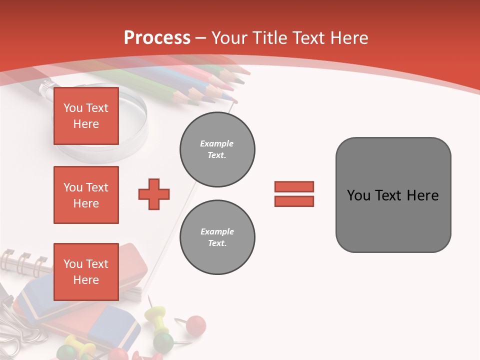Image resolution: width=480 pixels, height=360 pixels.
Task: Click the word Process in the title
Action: coord(157,38)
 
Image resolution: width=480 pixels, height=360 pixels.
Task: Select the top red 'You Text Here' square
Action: coord(86,116)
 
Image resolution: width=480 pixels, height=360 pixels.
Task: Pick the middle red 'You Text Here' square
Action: coord(86,195)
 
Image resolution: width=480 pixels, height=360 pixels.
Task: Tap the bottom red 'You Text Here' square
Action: coord(86,272)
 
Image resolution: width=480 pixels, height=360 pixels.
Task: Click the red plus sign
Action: coord(154,194)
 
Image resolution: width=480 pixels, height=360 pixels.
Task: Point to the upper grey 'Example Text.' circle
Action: coord(217,149)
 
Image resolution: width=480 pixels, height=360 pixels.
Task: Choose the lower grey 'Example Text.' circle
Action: coord(217,237)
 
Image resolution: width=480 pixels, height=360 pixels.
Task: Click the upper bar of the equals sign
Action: coord(294,186)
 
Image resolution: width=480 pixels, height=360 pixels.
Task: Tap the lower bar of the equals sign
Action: coord(294,201)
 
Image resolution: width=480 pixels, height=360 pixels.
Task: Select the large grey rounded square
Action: coord(393,195)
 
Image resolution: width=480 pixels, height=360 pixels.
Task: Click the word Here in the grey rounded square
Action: coord(423,195)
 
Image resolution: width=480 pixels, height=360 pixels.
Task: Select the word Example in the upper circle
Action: coord(216,143)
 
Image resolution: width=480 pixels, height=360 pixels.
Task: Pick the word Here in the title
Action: coord(349,38)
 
